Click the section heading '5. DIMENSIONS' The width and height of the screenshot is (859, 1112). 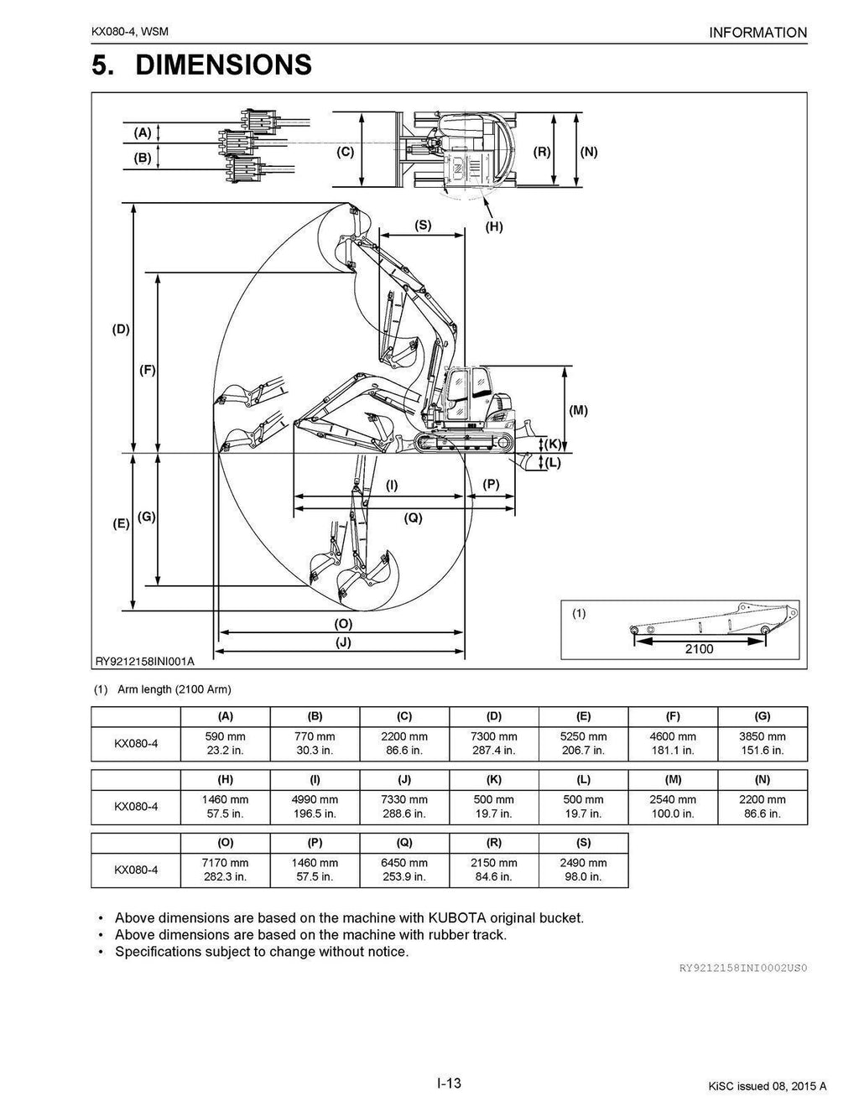(x=201, y=65)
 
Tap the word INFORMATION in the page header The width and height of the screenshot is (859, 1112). (x=757, y=33)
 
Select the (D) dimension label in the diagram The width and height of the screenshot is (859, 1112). (x=122, y=330)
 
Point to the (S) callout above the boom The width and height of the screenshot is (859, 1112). (x=423, y=225)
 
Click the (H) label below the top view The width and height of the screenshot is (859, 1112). (x=494, y=226)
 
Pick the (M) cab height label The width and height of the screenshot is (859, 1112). (x=579, y=410)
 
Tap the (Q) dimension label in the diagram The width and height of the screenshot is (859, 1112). (x=412, y=518)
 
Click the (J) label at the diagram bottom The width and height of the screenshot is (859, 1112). (x=342, y=642)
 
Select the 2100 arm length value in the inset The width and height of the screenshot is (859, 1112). (x=699, y=648)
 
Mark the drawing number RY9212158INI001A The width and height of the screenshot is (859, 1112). (x=145, y=661)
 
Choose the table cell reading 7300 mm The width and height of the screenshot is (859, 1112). (x=494, y=744)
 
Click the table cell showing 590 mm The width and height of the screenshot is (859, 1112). (x=226, y=744)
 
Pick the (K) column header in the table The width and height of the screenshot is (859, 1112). (x=494, y=779)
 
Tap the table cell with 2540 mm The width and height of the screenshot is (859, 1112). (x=674, y=807)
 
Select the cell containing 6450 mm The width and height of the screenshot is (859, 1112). (x=404, y=870)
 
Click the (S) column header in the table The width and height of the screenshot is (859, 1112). (x=584, y=842)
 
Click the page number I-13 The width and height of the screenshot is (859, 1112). (x=449, y=1083)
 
